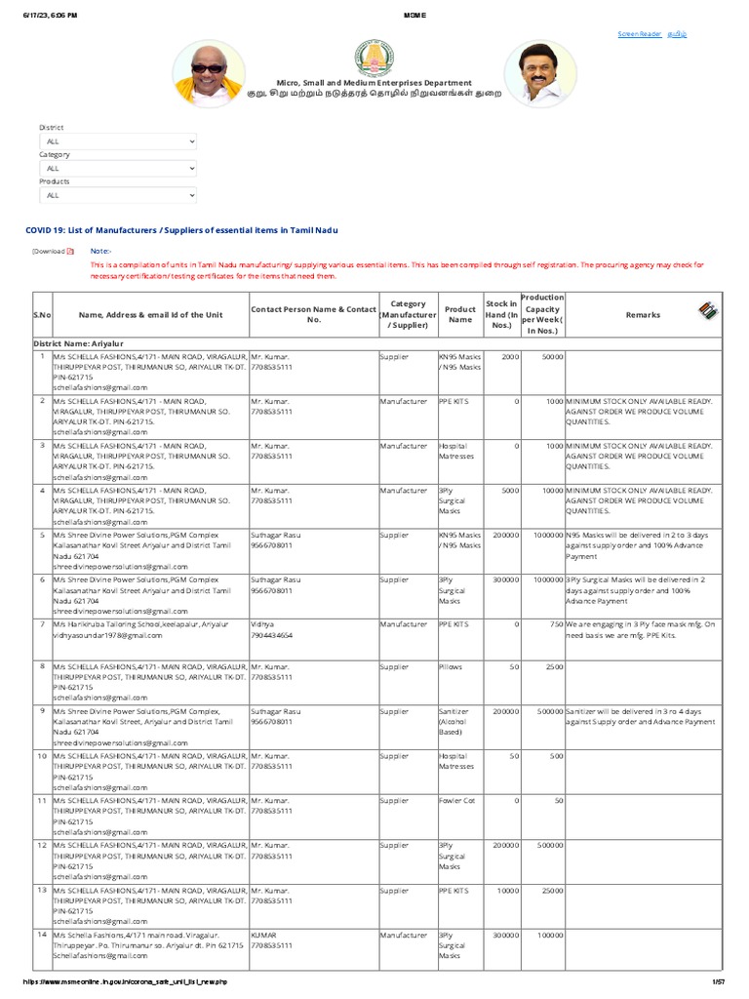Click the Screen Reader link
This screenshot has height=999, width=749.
(640, 34)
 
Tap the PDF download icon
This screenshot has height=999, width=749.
(70, 252)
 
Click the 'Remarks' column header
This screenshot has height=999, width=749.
(643, 315)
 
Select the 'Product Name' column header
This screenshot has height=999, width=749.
(460, 314)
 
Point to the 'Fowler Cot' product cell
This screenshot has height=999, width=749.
(455, 800)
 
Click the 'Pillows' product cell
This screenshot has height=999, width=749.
(450, 665)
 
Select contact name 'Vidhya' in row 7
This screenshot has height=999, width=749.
(262, 622)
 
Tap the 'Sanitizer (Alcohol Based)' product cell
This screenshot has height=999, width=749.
(454, 722)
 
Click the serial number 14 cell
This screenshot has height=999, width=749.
(42, 935)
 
